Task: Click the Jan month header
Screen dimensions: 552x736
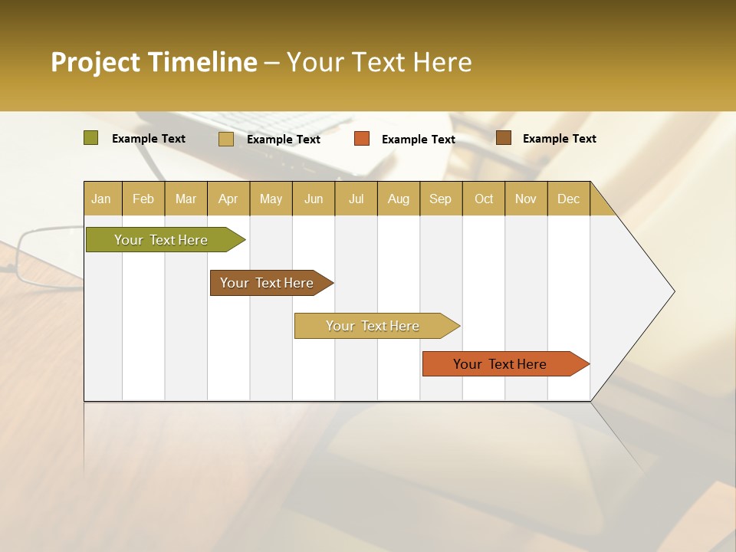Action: pyautogui.click(x=101, y=199)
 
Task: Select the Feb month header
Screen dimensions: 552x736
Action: pyautogui.click(x=143, y=199)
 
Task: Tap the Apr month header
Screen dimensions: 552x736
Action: pyautogui.click(x=228, y=199)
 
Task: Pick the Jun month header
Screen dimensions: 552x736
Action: pyautogui.click(x=314, y=199)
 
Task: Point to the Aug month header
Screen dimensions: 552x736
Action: pyautogui.click(x=399, y=199)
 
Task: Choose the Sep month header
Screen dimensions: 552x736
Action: pyautogui.click(x=440, y=199)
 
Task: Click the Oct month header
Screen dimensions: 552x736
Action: pyautogui.click(x=484, y=199)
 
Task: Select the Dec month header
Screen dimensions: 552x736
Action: pyautogui.click(x=569, y=199)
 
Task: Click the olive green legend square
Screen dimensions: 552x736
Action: pyautogui.click(x=91, y=138)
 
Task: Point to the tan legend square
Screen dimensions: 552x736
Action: pyautogui.click(x=226, y=139)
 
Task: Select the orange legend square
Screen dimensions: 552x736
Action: pyautogui.click(x=362, y=139)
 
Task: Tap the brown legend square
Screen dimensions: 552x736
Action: pyautogui.click(x=504, y=138)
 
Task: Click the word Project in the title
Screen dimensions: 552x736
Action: pyautogui.click(x=95, y=62)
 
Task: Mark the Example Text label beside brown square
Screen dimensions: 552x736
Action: pyautogui.click(x=559, y=139)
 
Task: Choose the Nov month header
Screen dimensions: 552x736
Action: pyautogui.click(x=526, y=199)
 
